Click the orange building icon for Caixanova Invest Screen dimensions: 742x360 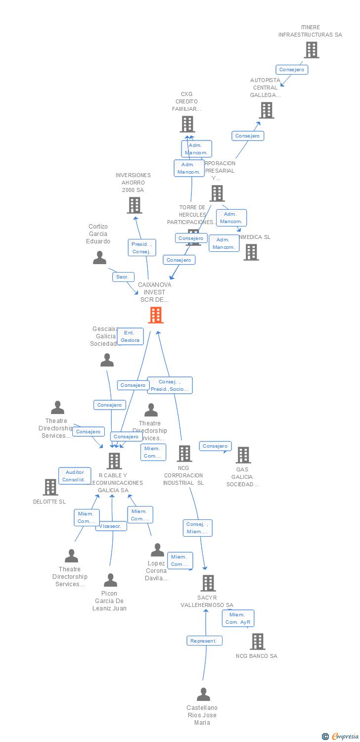tap(156, 315)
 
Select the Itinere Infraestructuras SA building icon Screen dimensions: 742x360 tap(311, 50)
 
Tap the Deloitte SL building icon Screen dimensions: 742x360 tap(50, 487)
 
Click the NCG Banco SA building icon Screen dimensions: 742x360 tap(257, 642)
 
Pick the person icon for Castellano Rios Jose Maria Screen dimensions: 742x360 tap(203, 695)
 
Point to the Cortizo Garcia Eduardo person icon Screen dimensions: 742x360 tap(100, 258)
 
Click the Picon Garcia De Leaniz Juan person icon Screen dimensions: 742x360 tap(110, 580)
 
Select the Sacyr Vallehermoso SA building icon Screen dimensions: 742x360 tap(208, 583)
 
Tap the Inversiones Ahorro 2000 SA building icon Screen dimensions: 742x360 tap(134, 205)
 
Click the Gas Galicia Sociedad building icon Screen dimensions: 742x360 tap(243, 455)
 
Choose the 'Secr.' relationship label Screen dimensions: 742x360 tap(123, 277)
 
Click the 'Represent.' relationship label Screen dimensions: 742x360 tap(204, 641)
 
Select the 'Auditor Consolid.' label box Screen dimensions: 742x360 tap(75, 476)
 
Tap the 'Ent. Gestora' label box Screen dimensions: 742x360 tap(130, 336)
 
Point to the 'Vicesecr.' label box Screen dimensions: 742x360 tap(111, 526)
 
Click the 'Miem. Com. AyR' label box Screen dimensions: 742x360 tap(238, 618)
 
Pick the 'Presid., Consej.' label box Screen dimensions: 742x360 tap(142, 248)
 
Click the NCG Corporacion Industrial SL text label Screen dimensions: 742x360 tap(184, 475)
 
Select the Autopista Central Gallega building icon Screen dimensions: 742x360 tap(267, 110)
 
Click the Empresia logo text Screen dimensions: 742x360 tap(345, 737)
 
